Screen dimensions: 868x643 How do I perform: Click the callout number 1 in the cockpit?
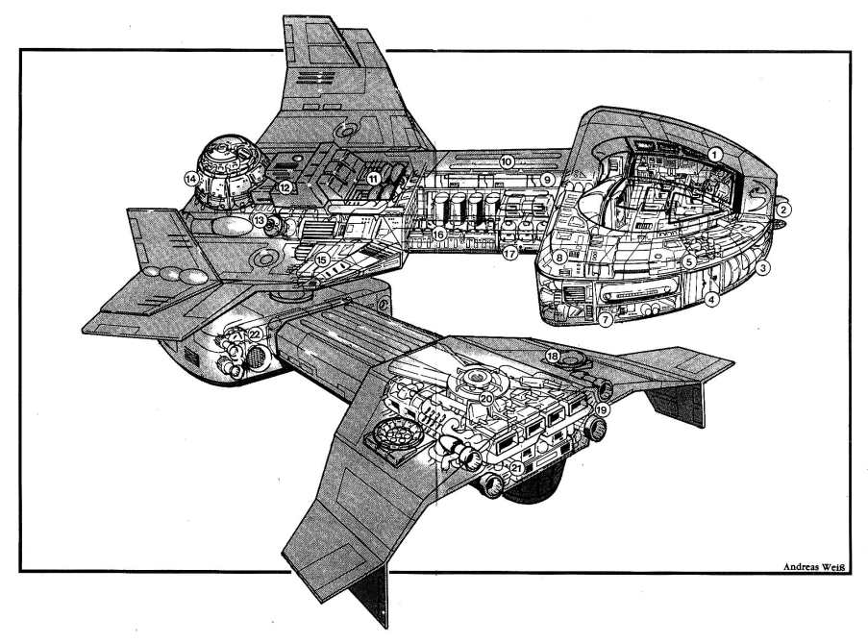coord(715,155)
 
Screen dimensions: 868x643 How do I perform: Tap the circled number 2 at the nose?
coord(783,210)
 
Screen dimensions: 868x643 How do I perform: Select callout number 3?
coord(763,268)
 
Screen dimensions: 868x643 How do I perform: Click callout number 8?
coord(559,258)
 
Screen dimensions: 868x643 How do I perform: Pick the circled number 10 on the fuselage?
coord(507,162)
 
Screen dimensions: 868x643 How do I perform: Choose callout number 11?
coord(374,178)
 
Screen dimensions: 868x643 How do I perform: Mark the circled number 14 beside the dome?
coord(191,179)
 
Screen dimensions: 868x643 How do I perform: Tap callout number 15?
coord(323,259)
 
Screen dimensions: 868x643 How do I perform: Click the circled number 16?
coord(439,235)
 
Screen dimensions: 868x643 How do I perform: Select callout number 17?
coord(509,254)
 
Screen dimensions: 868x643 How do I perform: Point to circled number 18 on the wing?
coord(553,357)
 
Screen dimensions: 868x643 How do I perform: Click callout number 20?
coord(486,399)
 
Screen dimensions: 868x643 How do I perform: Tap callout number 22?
coord(255,334)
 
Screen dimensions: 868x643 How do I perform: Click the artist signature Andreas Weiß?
coord(815,567)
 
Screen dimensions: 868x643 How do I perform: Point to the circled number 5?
coord(688,261)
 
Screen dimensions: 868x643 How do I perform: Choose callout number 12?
coord(285,187)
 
